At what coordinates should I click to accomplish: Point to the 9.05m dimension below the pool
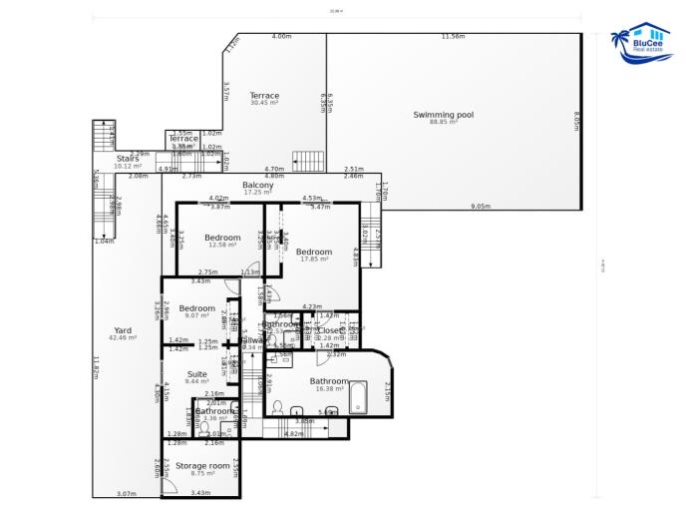(x=480, y=206)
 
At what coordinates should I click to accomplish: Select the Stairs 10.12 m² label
(x=128, y=161)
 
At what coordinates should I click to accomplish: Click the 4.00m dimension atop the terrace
(x=281, y=37)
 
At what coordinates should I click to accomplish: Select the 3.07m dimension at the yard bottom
(x=127, y=493)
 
